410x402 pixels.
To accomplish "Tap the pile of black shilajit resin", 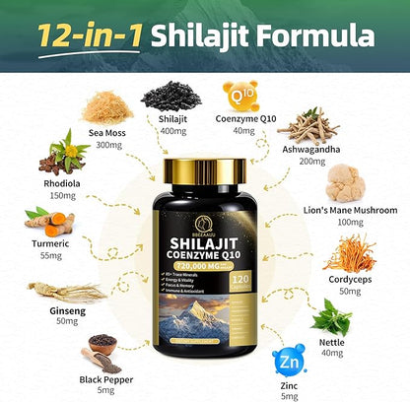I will [x=171, y=95].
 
